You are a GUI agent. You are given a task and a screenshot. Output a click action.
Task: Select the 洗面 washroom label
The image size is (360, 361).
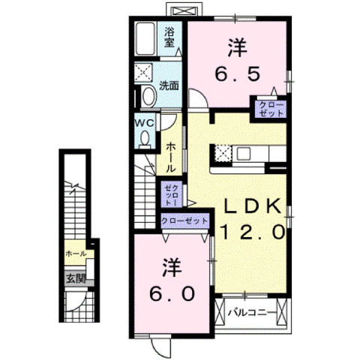[x=168, y=86]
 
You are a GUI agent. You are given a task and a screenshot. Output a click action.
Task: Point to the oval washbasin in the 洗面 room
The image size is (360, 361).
[x=148, y=95]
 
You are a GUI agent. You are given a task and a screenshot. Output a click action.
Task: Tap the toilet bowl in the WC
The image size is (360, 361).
[x=145, y=137]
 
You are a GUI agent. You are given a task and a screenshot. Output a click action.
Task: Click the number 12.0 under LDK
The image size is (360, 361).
[x=252, y=233]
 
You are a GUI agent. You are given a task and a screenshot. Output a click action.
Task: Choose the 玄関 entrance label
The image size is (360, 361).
[x=75, y=277]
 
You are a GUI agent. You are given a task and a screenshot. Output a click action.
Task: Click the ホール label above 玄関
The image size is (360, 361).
[x=76, y=254]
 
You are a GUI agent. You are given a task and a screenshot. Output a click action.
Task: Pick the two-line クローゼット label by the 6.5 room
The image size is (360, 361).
[x=270, y=107]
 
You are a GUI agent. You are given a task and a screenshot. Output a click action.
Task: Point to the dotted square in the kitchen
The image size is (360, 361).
[x=223, y=154]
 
